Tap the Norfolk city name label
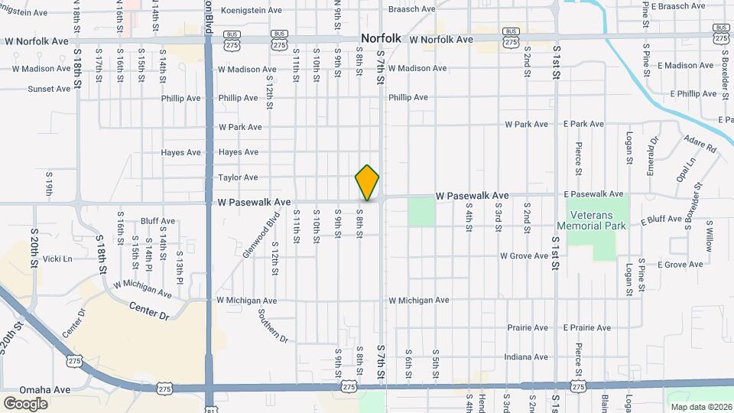click(x=381, y=38)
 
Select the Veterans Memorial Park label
click(x=591, y=220)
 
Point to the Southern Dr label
click(x=272, y=326)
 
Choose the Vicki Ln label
click(x=57, y=259)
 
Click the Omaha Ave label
click(x=45, y=389)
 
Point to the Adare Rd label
click(x=700, y=143)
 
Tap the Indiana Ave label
click(x=527, y=357)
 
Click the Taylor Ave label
click(x=238, y=177)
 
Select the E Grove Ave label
click(x=679, y=265)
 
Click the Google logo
click(x=25, y=404)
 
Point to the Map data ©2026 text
click(x=701, y=407)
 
